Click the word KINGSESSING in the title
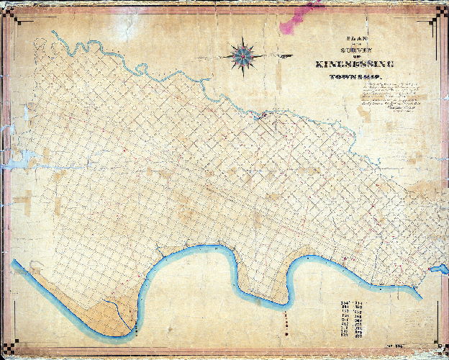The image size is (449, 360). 353,65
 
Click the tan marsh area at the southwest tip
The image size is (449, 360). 101,313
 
